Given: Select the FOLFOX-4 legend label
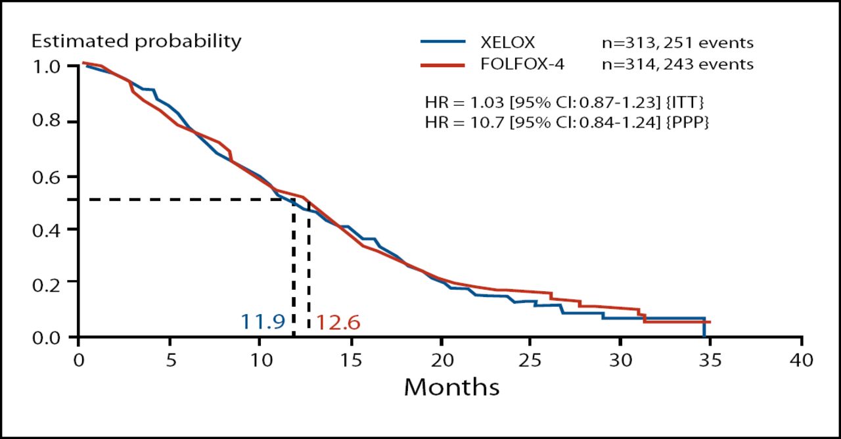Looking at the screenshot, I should [518, 64].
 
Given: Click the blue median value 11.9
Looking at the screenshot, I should [262, 322].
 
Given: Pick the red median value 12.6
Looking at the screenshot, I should [338, 323].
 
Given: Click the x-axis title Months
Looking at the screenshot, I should [451, 387].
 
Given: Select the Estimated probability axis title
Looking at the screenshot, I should [137, 41].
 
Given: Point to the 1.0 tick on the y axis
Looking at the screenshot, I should [46, 66].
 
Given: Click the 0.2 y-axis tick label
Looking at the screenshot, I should [46, 282].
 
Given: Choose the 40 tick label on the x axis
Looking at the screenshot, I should [801, 360].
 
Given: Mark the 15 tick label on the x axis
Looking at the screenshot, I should [351, 360].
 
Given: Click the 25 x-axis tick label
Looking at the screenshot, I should [532, 360].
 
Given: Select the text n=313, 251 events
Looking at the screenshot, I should [673, 43].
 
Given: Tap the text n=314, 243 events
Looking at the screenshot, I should [673, 64].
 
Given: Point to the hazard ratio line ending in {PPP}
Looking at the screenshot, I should [566, 122].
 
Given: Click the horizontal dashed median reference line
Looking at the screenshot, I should [191, 199].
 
